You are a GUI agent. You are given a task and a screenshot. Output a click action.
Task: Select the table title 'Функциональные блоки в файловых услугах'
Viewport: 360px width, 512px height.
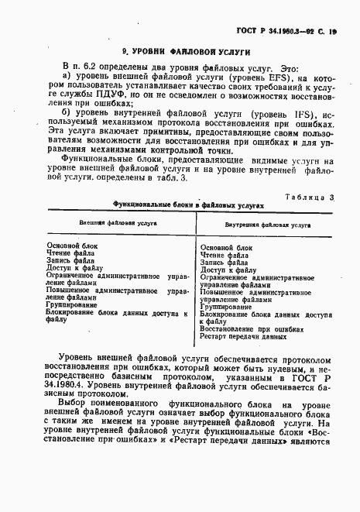click(x=188, y=207)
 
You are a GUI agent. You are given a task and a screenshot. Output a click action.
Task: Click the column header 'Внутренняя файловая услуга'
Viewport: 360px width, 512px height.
click(x=258, y=225)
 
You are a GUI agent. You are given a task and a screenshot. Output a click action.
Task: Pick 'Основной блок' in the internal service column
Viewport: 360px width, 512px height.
click(x=226, y=247)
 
